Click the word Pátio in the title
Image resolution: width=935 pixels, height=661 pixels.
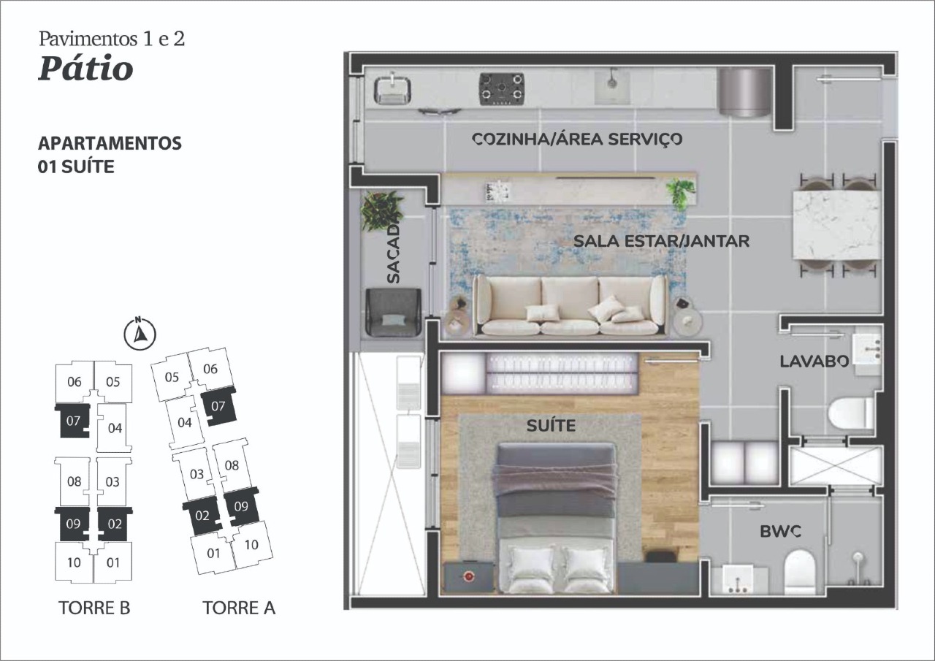(x=85, y=69)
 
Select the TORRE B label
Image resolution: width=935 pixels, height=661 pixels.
(x=94, y=608)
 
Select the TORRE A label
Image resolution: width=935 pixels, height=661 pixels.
(x=239, y=608)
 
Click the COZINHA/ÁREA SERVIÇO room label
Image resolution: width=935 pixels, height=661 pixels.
(x=577, y=139)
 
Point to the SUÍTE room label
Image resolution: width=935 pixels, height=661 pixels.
(x=551, y=426)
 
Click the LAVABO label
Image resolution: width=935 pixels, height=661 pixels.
(x=813, y=361)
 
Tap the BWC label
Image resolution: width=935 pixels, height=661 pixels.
(x=781, y=532)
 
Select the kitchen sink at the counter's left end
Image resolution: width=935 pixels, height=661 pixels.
(x=392, y=89)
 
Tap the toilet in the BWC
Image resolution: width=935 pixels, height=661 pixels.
(x=798, y=570)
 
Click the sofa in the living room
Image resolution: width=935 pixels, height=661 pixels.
(x=570, y=305)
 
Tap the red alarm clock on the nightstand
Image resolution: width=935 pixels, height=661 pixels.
(x=468, y=575)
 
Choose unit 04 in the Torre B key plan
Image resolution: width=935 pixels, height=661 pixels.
(x=114, y=428)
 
